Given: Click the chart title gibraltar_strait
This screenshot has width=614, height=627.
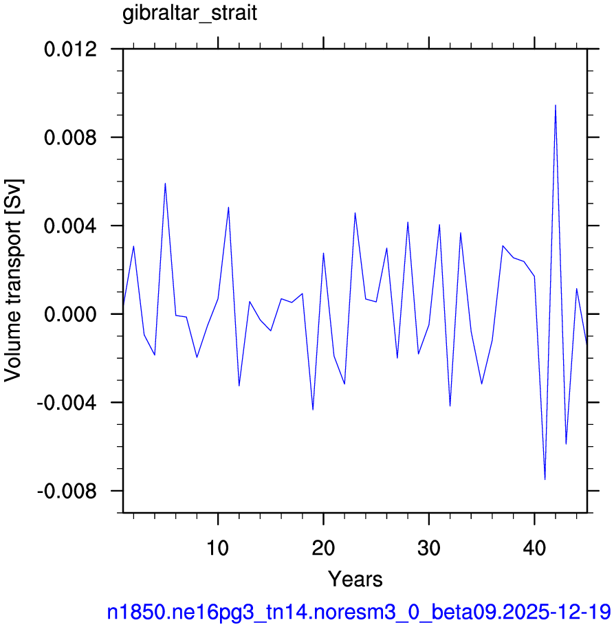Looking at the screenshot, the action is click(x=190, y=14).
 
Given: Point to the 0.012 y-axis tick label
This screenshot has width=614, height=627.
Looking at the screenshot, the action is click(x=70, y=49).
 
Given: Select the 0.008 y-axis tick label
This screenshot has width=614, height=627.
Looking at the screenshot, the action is click(x=70, y=137).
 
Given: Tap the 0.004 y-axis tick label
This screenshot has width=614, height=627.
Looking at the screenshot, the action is click(x=70, y=226).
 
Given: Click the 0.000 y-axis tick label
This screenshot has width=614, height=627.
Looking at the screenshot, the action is click(x=70, y=314).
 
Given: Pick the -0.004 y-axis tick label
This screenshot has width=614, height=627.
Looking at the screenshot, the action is click(x=67, y=403).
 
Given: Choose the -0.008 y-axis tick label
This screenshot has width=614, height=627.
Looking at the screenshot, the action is click(x=67, y=491).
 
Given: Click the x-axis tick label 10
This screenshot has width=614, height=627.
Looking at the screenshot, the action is click(x=217, y=548).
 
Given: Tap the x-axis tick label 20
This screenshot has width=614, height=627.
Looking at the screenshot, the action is click(x=323, y=548).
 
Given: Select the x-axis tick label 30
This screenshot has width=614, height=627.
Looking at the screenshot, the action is click(x=429, y=548).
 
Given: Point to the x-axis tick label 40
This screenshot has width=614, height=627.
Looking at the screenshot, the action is click(x=534, y=548).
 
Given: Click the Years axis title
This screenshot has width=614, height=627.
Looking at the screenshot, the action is click(x=355, y=579).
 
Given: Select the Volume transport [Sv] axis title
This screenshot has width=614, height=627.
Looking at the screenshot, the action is click(x=13, y=280).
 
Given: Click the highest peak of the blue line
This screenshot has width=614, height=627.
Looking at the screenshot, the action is click(x=556, y=105).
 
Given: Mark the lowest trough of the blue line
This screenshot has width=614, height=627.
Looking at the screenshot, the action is click(x=545, y=479).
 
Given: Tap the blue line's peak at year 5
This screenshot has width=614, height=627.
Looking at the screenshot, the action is click(x=165, y=183).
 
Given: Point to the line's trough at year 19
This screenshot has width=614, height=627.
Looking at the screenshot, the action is click(x=313, y=410).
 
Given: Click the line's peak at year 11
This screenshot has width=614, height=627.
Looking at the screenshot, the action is click(x=228, y=207).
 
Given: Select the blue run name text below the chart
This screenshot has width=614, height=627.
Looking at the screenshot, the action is click(x=359, y=612).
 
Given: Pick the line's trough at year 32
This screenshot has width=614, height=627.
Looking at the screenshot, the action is click(x=450, y=406).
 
